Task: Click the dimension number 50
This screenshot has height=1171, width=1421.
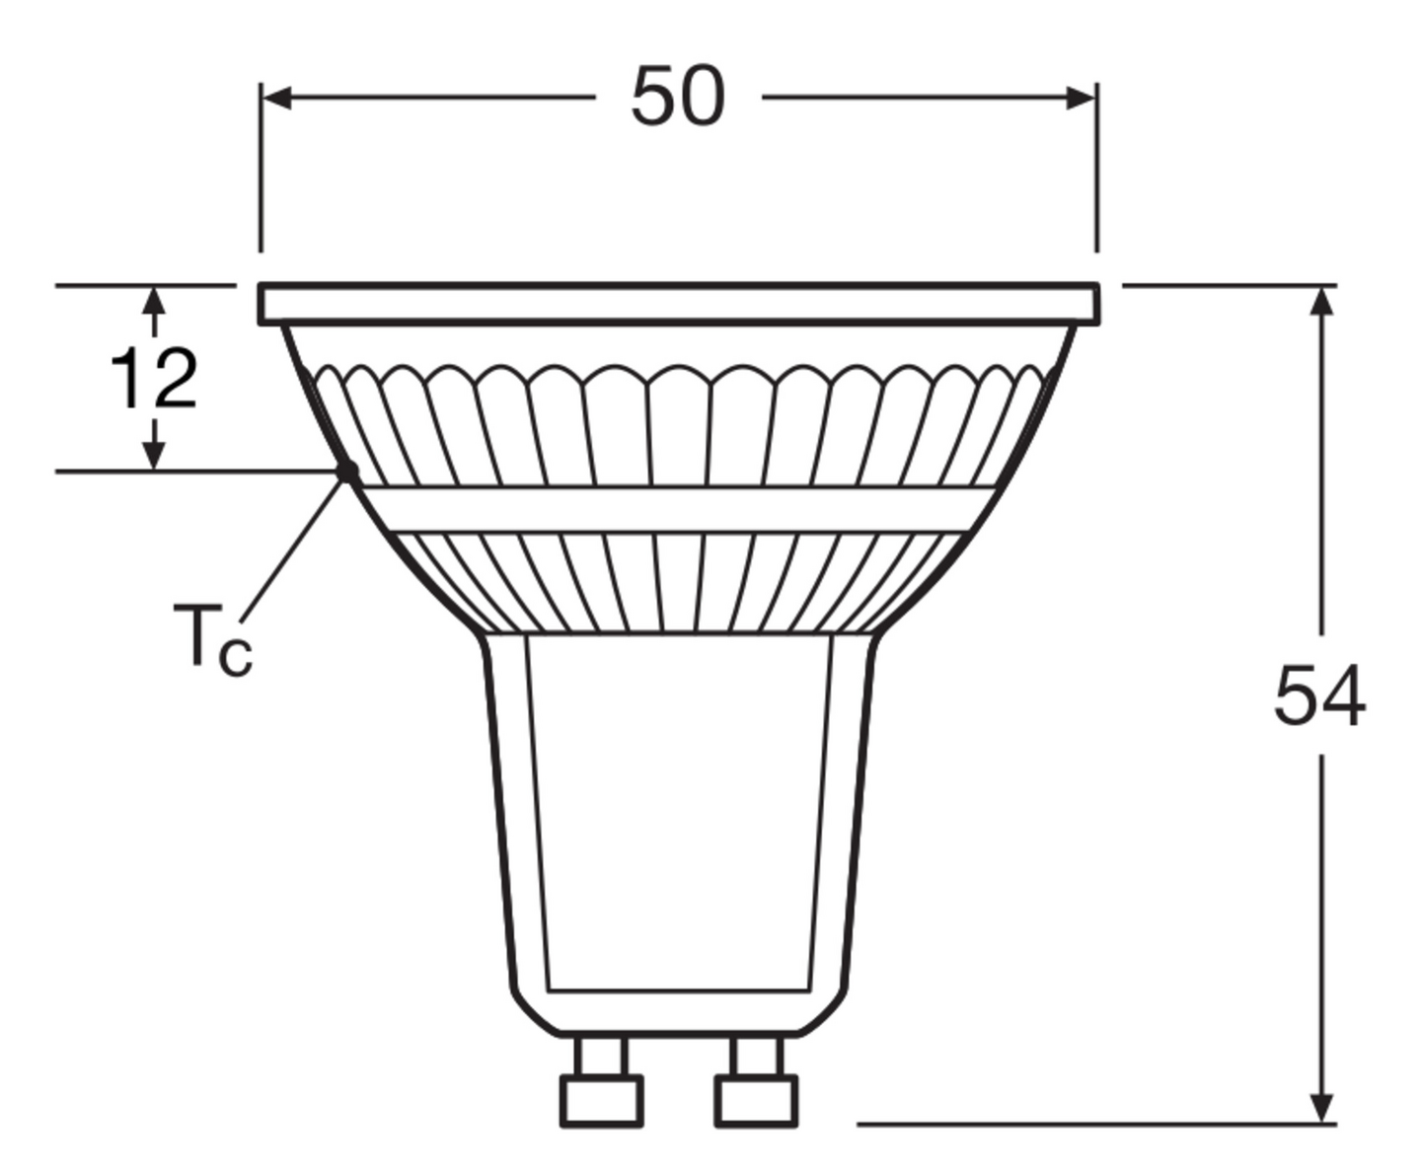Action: click(x=678, y=97)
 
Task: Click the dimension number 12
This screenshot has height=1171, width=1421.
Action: click(x=154, y=379)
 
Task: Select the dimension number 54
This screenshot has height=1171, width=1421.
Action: click(x=1319, y=696)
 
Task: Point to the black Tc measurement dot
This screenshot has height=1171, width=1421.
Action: click(x=347, y=472)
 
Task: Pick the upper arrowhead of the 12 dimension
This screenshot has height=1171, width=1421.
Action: click(x=154, y=299)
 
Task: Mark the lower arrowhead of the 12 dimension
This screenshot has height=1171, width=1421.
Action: click(x=154, y=456)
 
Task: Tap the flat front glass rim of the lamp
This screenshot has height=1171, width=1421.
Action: click(x=679, y=304)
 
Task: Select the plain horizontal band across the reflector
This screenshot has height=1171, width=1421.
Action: click(x=679, y=510)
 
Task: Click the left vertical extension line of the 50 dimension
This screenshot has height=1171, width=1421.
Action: click(x=261, y=178)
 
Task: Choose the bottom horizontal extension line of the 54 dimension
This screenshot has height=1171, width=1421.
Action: click(x=1085, y=1123)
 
